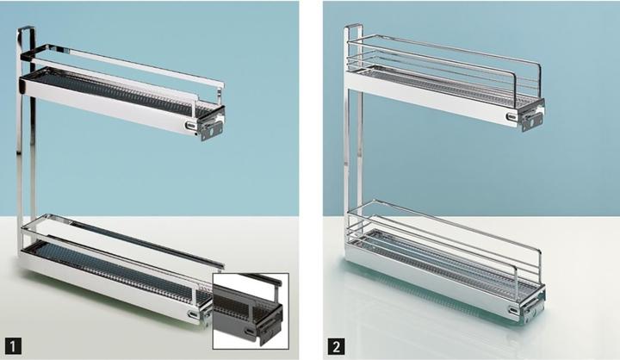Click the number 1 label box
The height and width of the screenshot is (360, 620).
13,346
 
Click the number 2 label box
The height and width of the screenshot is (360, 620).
336,346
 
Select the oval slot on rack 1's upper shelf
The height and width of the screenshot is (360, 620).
191,126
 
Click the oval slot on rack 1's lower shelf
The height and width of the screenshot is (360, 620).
194,314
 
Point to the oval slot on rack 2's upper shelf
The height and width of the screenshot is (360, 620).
512,117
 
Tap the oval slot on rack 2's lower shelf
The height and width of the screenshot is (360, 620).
514,310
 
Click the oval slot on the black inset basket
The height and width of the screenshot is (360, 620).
249,332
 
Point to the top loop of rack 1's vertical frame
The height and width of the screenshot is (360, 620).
26,28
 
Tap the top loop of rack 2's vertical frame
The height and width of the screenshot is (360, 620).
354,27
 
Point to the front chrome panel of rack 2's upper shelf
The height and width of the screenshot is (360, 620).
431,100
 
